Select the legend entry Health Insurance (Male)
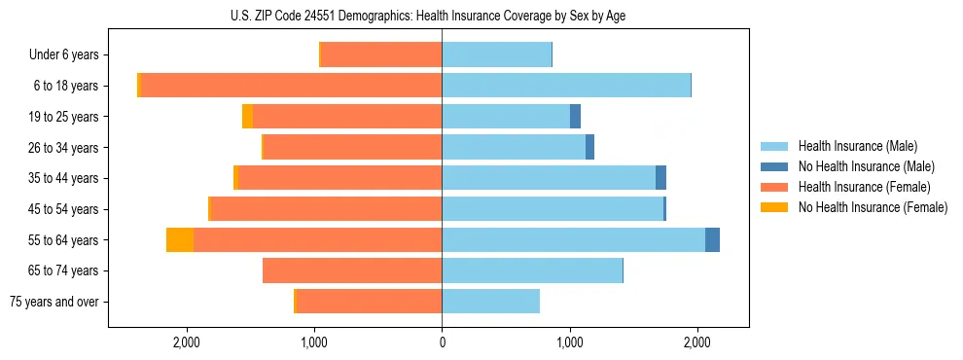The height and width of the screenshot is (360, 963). [851, 146]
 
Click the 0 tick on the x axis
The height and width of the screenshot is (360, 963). [442, 342]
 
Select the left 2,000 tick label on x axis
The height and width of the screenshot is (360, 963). [186, 342]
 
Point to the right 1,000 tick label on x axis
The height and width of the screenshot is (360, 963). [569, 342]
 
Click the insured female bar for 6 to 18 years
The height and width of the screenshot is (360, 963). [292, 86]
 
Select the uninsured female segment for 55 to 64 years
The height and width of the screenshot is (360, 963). [180, 239]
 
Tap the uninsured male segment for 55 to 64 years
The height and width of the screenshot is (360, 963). [712, 239]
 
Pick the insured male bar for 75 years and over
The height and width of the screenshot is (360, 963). [490, 302]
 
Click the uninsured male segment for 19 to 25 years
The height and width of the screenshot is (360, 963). [575, 117]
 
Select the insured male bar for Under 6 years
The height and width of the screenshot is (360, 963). [496, 55]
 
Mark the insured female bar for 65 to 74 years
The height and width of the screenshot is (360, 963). [352, 270]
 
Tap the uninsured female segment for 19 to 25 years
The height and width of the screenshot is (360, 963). [247, 117]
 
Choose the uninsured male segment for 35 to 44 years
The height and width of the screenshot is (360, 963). [660, 178]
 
